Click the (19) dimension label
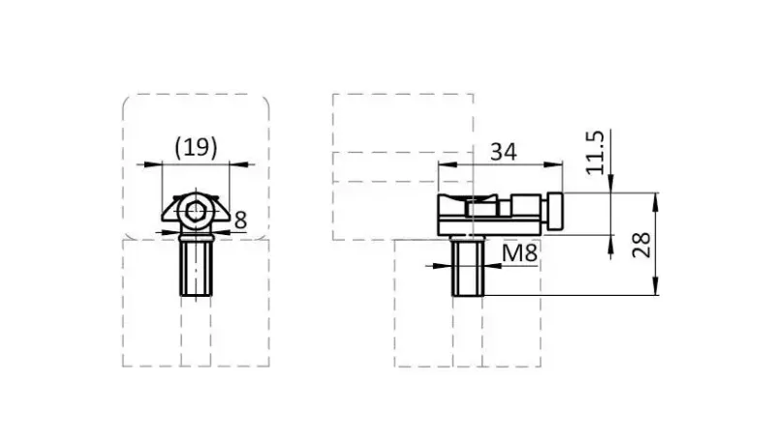point(196,148)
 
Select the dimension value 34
point(503,152)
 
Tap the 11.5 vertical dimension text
point(596,153)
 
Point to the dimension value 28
point(641,245)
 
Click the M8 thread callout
point(519,253)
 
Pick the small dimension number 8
point(240,220)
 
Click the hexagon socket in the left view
point(197,210)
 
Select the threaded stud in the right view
point(468,265)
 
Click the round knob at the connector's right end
point(554,211)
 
